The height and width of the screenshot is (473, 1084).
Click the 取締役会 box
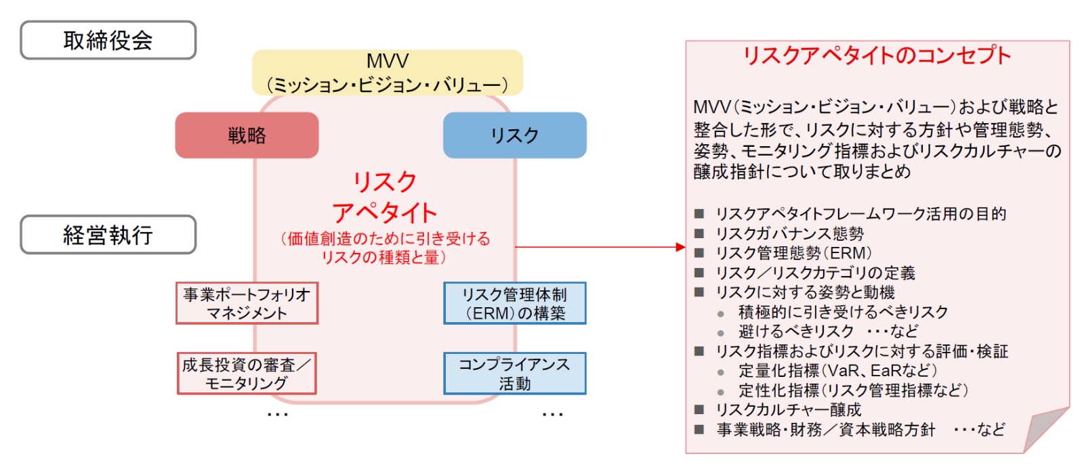click(108, 41)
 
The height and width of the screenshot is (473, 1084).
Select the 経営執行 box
click(108, 235)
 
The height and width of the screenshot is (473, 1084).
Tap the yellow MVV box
click(387, 72)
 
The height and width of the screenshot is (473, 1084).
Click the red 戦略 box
click(247, 135)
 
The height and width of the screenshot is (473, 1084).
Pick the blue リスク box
click(514, 135)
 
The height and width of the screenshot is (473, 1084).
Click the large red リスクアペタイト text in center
click(385, 197)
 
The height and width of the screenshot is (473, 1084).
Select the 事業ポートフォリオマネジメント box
click(247, 303)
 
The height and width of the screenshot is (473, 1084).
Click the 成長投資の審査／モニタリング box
click(247, 374)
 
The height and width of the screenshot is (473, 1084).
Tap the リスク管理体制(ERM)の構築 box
click(514, 303)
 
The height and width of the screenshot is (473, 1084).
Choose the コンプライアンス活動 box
click(514, 374)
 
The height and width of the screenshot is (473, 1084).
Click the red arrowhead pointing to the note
click(680, 247)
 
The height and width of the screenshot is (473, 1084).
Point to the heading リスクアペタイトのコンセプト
click(877, 55)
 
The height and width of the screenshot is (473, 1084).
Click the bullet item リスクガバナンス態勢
click(789, 233)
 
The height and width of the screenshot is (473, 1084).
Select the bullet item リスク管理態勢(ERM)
click(793, 253)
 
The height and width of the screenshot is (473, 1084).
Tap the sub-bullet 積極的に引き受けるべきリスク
click(843, 312)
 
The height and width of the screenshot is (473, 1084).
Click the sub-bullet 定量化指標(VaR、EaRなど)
click(837, 371)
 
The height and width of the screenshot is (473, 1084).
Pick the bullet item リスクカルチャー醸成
click(788, 409)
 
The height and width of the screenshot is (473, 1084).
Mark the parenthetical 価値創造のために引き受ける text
click(385, 238)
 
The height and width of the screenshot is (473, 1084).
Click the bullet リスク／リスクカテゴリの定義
click(815, 273)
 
